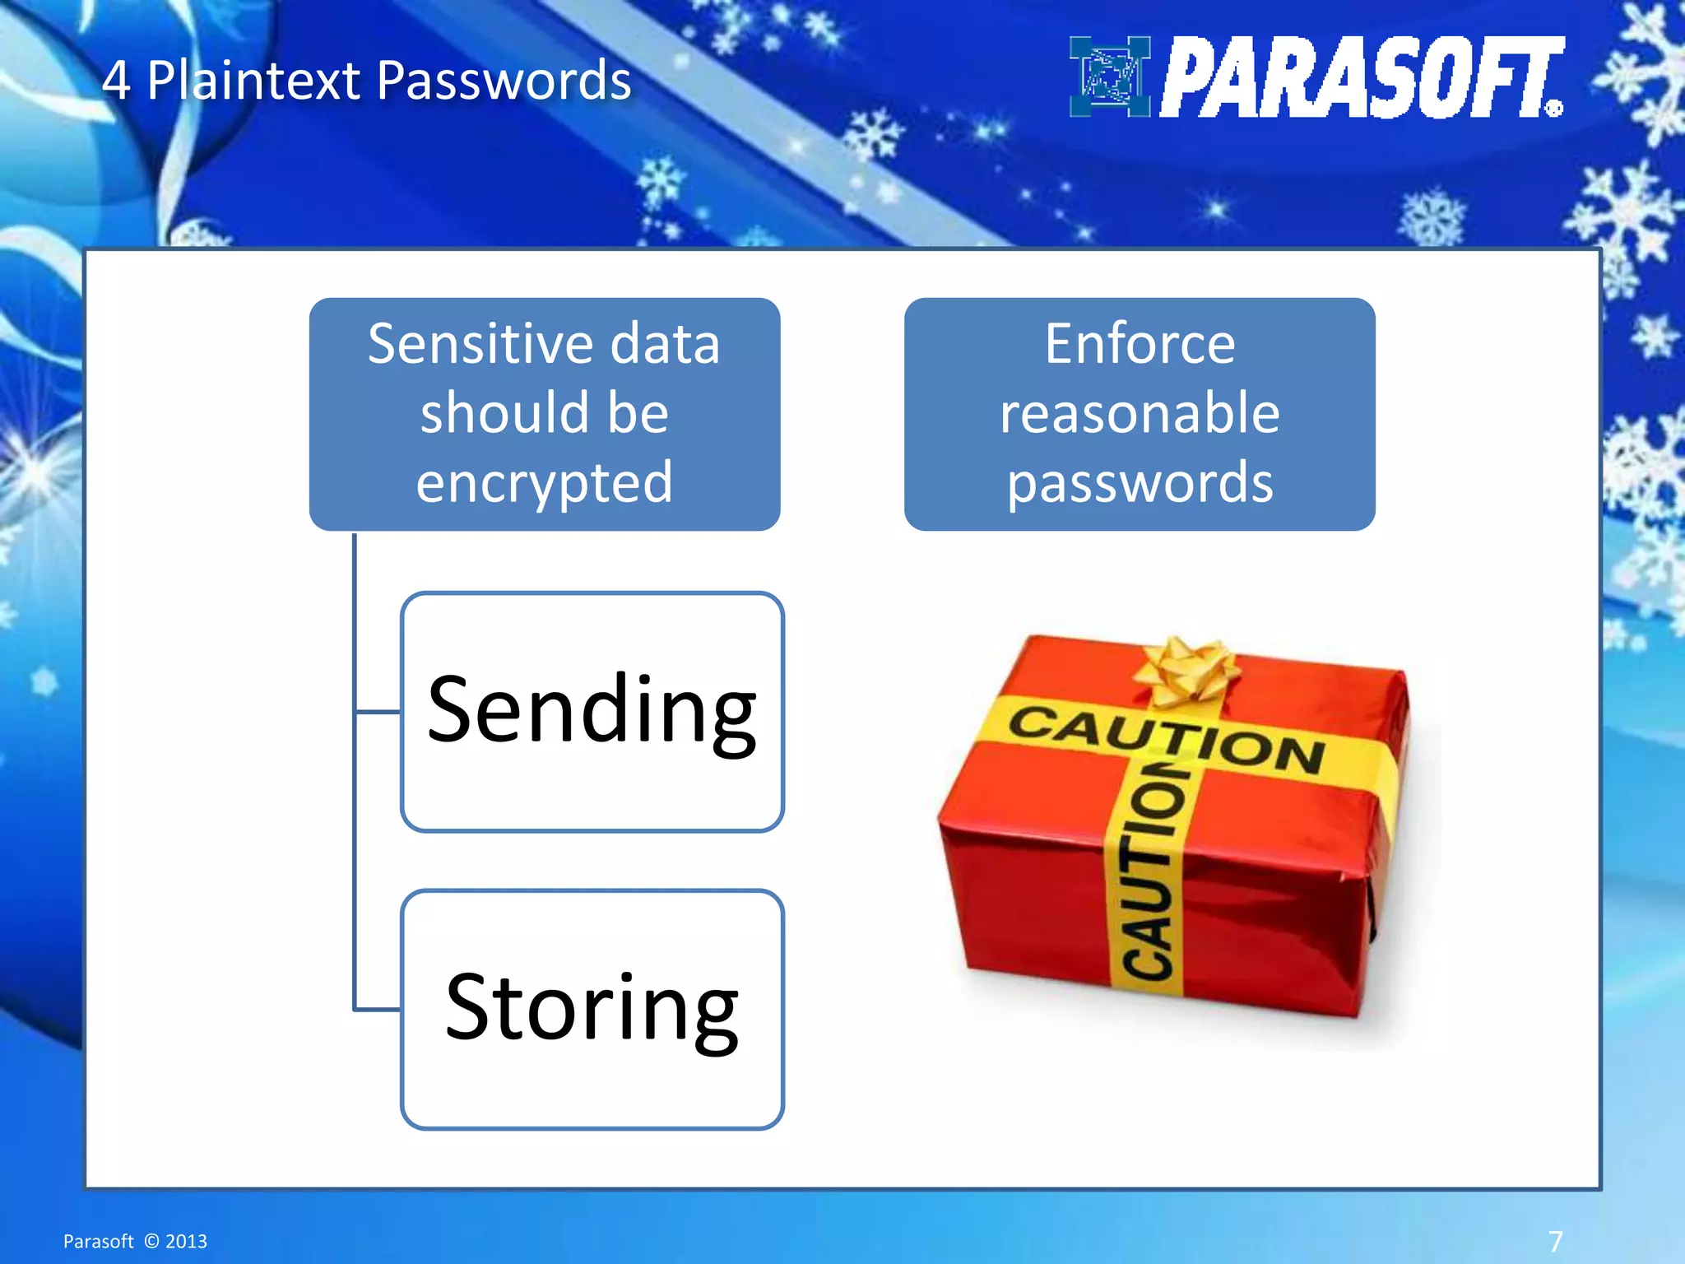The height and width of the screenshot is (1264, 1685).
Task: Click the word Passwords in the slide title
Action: (x=504, y=81)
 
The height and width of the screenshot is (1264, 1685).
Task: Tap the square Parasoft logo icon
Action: (x=1109, y=77)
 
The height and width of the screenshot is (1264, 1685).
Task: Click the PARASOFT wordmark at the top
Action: (x=1362, y=77)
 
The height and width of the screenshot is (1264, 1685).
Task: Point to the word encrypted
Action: (x=544, y=482)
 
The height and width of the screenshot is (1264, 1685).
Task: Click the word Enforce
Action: (x=1140, y=343)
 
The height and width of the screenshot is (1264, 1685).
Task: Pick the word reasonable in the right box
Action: (x=1140, y=412)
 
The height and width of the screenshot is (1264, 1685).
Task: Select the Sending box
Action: (x=592, y=711)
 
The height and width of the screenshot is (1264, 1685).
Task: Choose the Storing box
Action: (x=592, y=1009)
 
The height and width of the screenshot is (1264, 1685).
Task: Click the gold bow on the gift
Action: (x=1186, y=671)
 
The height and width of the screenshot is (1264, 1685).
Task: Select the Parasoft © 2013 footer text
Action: (x=135, y=1241)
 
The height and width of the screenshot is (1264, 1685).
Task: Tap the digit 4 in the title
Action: (x=116, y=81)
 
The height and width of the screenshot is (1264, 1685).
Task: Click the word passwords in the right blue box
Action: (x=1140, y=482)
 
